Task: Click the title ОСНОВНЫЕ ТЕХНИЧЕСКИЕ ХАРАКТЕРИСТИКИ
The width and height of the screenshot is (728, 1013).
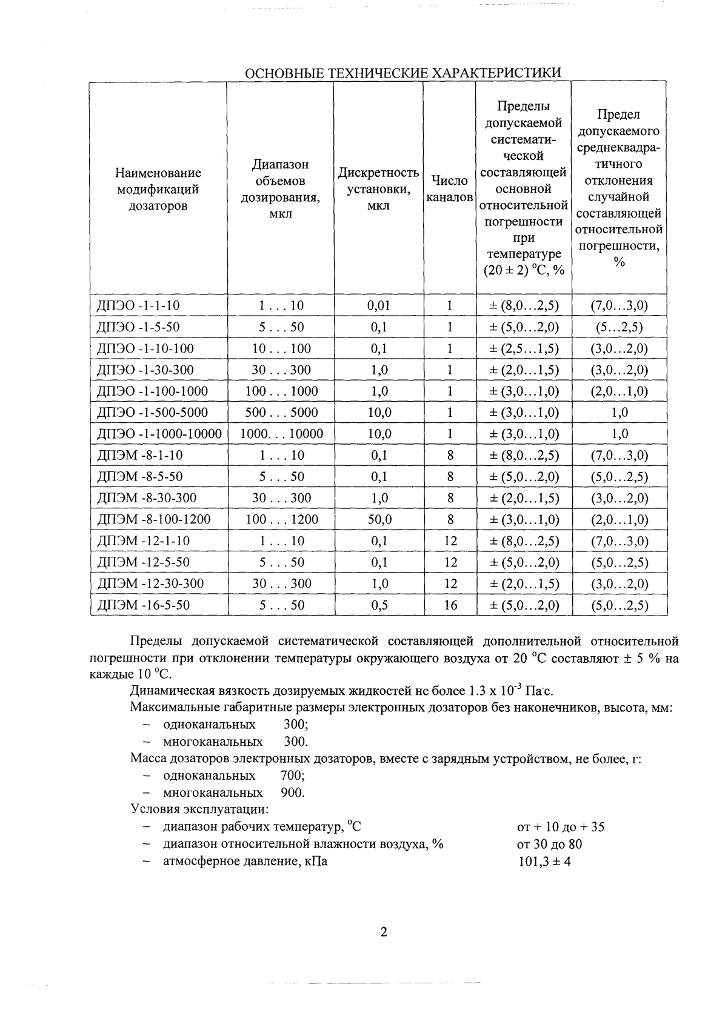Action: click(x=402, y=73)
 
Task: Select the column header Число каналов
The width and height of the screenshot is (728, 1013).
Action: click(x=449, y=189)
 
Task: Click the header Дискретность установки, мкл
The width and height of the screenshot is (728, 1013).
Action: click(x=378, y=189)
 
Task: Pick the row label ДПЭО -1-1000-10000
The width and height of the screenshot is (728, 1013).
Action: click(x=159, y=434)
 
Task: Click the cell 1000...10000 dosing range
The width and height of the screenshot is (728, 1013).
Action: click(x=281, y=434)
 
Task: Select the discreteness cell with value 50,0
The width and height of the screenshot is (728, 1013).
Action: click(x=379, y=519)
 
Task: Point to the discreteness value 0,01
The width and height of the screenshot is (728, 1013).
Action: click(x=379, y=305)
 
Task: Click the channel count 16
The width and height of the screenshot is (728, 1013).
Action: click(x=450, y=605)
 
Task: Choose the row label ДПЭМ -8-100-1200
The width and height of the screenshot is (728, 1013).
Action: click(x=154, y=519)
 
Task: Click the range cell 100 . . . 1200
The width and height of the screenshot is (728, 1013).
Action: click(x=281, y=519)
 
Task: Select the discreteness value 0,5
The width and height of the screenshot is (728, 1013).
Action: click(x=379, y=605)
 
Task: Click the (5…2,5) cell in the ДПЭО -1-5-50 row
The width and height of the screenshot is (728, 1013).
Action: click(x=619, y=327)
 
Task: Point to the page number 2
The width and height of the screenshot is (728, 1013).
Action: click(x=383, y=932)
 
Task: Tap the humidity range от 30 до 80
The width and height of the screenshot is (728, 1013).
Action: click(x=549, y=844)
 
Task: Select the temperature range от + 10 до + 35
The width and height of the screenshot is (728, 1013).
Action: click(x=560, y=827)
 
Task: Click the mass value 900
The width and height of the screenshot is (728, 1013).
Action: click(x=292, y=792)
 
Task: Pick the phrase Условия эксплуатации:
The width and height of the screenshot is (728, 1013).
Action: click(x=199, y=809)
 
